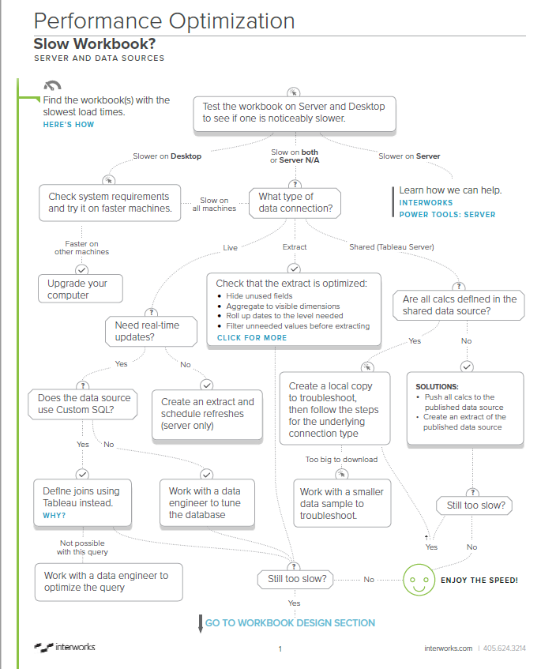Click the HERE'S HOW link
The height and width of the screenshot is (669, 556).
69,125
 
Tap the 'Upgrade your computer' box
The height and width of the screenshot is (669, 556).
81,289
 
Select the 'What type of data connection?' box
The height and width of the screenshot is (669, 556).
295,203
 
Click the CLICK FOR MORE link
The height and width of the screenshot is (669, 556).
252,337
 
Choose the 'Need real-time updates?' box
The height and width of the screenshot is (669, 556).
152,331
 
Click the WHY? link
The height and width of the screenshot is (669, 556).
54,516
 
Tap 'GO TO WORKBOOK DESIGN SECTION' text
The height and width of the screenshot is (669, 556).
290,622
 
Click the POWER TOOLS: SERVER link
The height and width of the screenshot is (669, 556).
447,214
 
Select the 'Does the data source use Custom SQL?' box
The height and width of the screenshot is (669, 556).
84,404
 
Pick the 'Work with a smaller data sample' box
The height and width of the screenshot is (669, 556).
342,503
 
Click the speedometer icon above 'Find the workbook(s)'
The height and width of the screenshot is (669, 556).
53,86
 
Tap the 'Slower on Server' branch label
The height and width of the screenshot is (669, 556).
409,156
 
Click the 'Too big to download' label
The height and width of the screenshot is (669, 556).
341,459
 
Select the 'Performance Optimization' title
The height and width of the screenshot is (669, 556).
164,21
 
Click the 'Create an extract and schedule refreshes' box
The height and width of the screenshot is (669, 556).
207,414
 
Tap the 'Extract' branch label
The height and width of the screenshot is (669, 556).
294,247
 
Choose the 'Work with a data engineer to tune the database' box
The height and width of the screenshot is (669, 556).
207,502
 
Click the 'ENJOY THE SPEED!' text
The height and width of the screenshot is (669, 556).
479,581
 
